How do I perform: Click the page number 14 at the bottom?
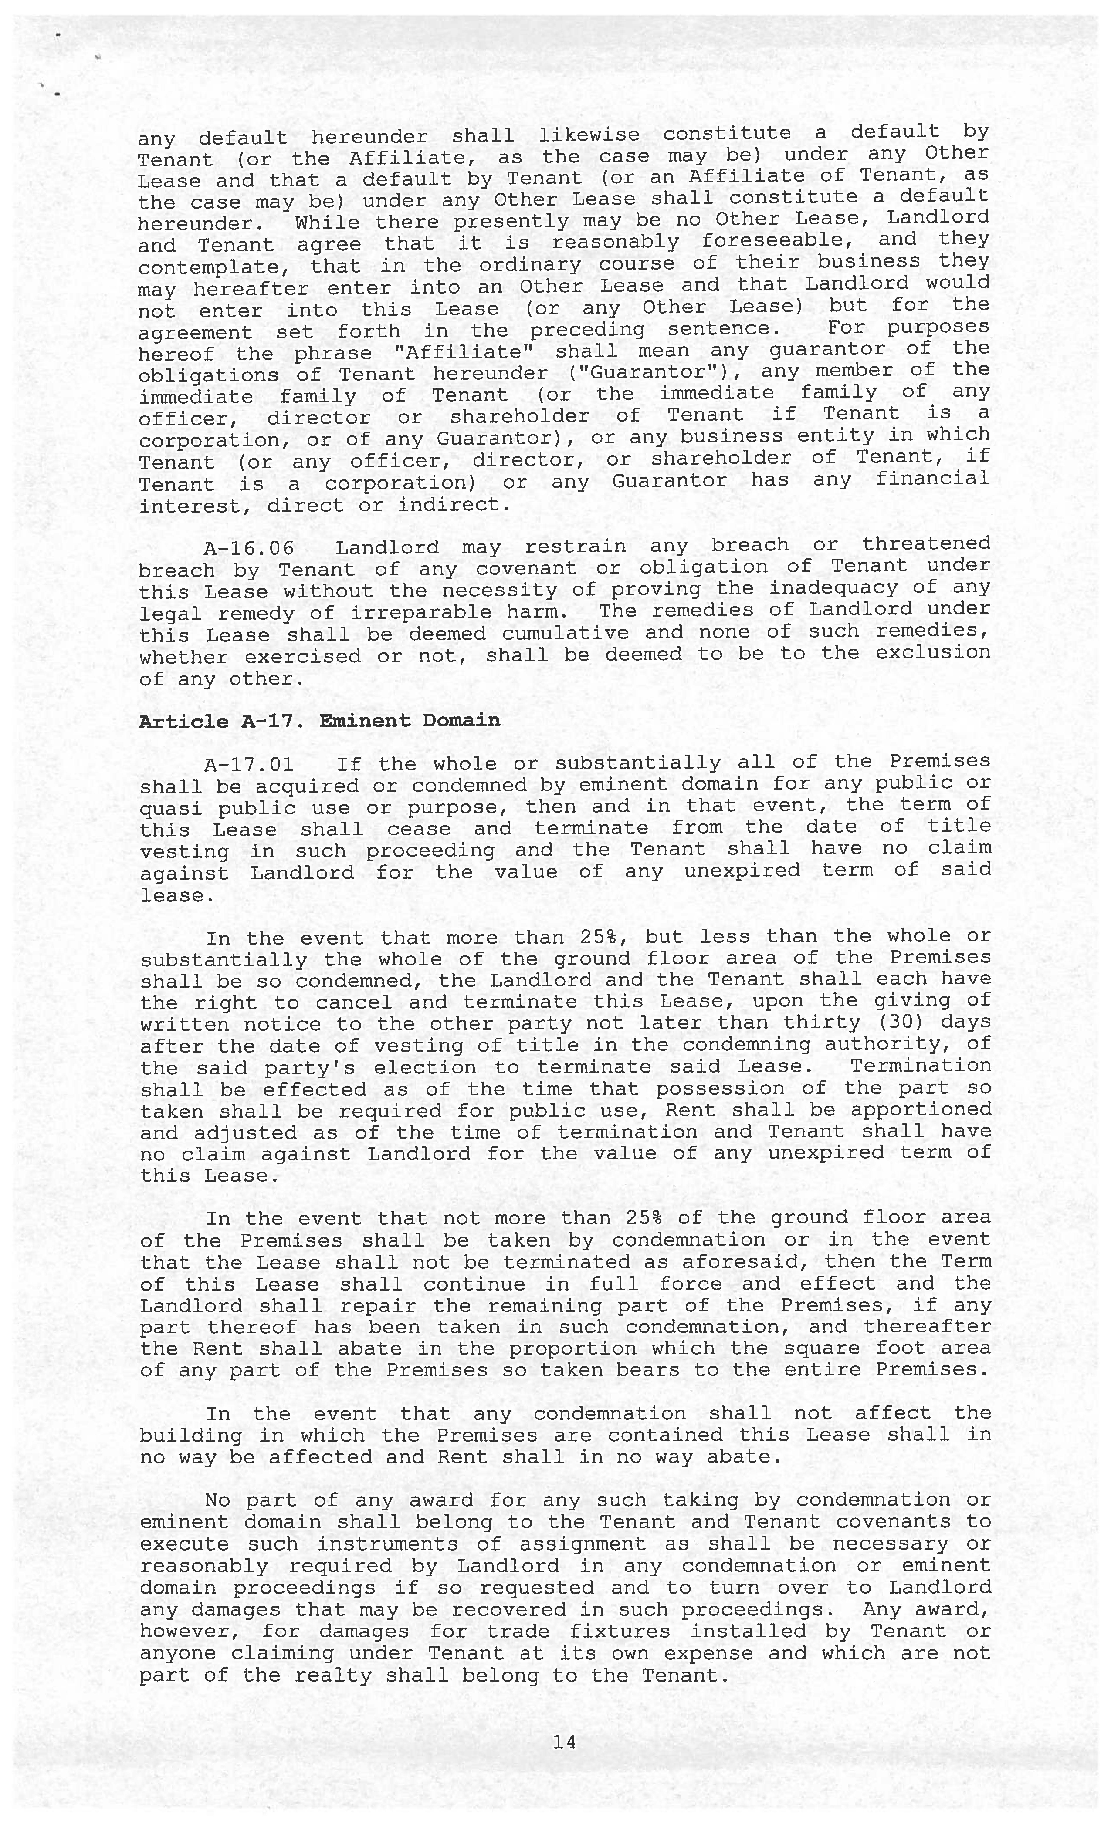click(x=564, y=1741)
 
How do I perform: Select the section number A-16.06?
click(x=249, y=548)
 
